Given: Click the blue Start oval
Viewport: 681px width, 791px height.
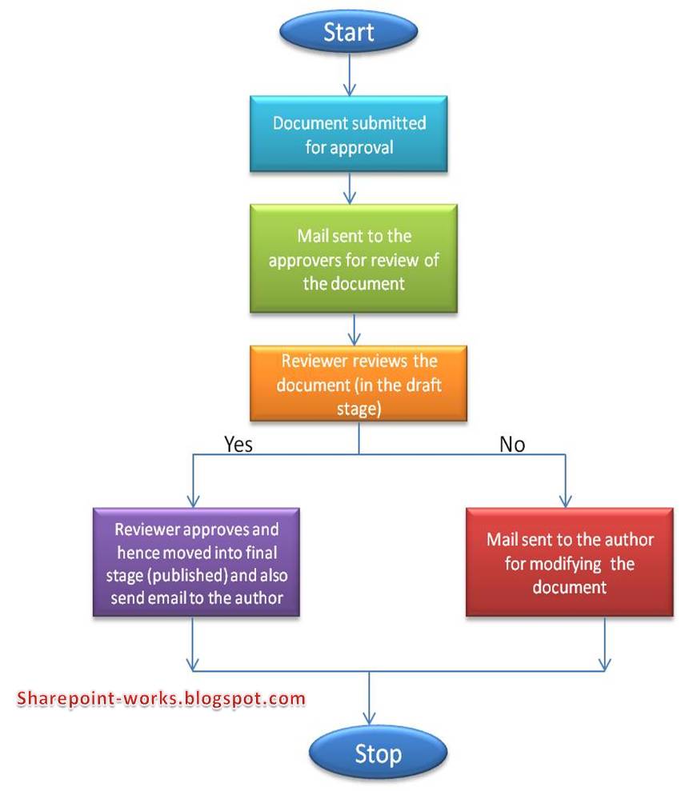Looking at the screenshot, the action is (348, 31).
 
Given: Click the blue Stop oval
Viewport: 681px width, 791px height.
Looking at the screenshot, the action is (378, 753).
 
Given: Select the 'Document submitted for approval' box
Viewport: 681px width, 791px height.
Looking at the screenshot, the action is (348, 134).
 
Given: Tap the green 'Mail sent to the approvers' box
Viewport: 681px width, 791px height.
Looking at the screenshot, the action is (354, 258).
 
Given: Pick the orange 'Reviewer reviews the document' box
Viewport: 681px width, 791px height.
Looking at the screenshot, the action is (359, 383).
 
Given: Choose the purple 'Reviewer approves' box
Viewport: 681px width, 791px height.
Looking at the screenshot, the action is (196, 562).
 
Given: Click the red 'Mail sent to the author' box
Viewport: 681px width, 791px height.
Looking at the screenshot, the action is (570, 562).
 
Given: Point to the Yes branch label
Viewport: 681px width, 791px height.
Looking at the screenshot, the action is (238, 444).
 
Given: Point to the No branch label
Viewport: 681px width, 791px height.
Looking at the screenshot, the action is (512, 444).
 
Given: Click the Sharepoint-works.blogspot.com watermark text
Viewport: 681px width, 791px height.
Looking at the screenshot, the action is (161, 699).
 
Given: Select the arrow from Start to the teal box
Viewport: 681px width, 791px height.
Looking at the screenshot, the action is (350, 74).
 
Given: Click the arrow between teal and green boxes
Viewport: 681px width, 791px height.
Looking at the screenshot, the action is (350, 188).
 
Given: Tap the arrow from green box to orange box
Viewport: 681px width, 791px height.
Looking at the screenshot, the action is (355, 329).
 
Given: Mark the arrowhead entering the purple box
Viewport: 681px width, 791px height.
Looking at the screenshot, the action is (193, 501).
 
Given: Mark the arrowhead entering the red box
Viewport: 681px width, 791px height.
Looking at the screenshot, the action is (566, 501).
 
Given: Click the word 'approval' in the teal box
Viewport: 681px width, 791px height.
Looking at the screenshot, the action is (362, 148).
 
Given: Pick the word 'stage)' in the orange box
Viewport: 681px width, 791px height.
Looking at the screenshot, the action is (359, 409).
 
